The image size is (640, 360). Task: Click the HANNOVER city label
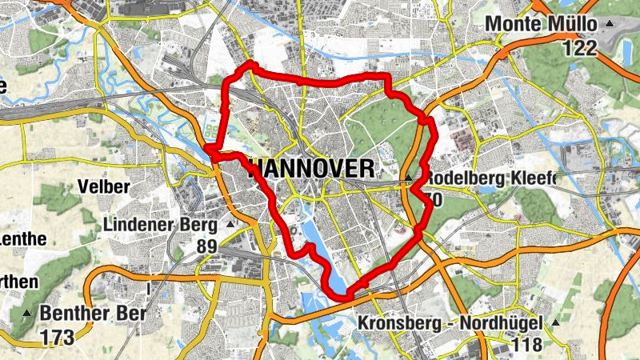[313, 169]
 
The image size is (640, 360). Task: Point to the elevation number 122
[579, 48]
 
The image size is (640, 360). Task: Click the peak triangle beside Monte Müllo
[611, 24]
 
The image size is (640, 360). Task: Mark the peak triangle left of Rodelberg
[408, 178]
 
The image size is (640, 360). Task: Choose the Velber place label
[104, 187]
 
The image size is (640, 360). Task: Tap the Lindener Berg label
[161, 225]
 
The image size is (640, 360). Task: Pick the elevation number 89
[206, 246]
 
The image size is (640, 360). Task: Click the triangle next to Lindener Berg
[231, 225]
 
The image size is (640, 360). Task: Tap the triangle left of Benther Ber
[29, 313]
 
